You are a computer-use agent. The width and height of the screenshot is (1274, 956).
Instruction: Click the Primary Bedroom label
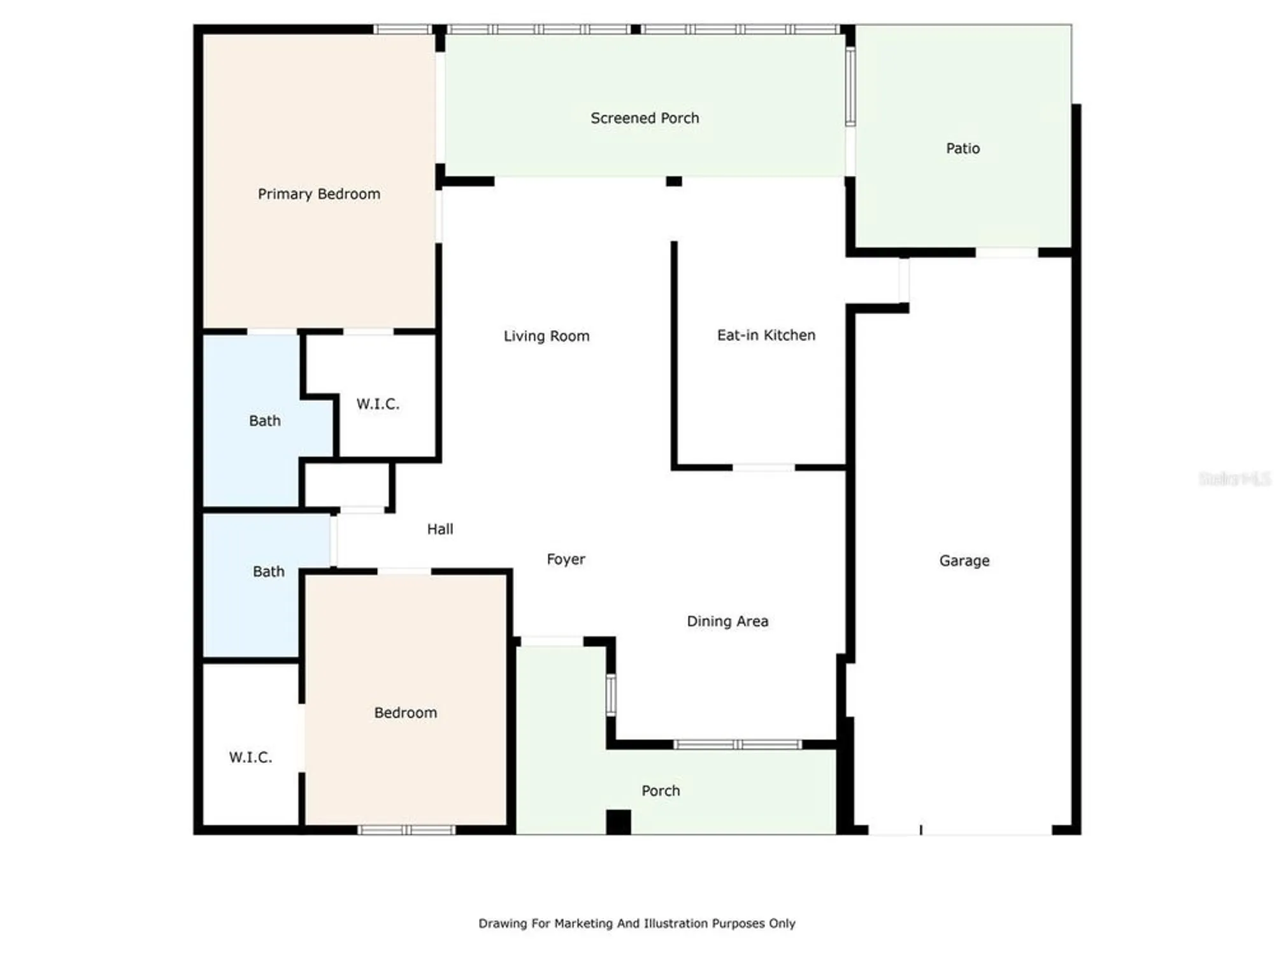(x=318, y=194)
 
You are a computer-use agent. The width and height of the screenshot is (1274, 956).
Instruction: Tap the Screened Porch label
(x=644, y=118)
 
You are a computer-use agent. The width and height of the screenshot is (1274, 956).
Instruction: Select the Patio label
(x=962, y=148)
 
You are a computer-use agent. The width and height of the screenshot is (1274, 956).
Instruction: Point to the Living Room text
(x=546, y=336)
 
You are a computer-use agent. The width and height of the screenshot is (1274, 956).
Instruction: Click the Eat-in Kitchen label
(x=766, y=335)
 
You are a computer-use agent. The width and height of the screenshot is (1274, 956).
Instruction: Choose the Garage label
(x=964, y=561)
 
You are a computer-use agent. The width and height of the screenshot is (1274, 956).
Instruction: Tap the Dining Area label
(x=727, y=621)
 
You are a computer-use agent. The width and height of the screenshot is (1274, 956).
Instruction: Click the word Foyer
(x=565, y=560)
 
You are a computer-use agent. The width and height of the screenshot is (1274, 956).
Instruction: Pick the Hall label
(x=440, y=529)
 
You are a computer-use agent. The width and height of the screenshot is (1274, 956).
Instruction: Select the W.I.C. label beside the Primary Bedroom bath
(x=377, y=404)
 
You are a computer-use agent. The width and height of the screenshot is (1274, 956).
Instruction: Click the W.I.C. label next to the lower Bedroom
(x=250, y=757)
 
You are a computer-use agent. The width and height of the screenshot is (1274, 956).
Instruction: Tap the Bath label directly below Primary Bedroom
(x=264, y=421)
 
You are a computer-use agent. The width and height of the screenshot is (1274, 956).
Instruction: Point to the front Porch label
(x=660, y=791)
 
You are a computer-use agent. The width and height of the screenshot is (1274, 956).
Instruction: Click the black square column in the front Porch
(x=618, y=822)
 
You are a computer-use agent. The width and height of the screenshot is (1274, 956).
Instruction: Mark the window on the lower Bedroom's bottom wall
(x=406, y=830)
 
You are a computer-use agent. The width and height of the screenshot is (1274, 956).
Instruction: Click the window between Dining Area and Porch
(x=737, y=744)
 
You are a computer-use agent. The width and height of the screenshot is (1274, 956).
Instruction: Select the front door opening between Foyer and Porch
(x=552, y=641)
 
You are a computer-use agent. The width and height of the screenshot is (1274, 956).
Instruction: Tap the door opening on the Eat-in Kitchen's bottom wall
(x=763, y=468)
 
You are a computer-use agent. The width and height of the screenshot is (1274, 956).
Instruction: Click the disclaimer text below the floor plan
(x=636, y=923)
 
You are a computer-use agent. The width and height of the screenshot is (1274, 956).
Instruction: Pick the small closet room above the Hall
(x=347, y=486)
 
